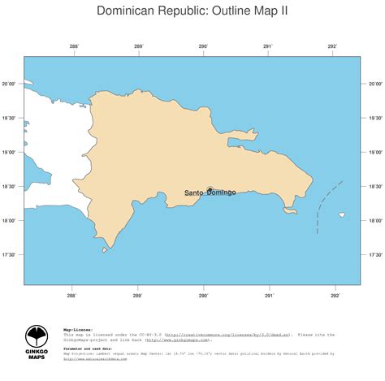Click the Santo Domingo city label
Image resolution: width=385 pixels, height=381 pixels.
(x=210, y=193)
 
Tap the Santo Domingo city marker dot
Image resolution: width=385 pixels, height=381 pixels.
(x=210, y=188)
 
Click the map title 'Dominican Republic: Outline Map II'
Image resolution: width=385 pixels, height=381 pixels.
(x=192, y=11)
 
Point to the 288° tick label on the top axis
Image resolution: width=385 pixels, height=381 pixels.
(x=74, y=46)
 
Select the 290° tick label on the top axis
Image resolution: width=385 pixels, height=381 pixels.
(x=203, y=46)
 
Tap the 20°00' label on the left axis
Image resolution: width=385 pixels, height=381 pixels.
(x=11, y=84)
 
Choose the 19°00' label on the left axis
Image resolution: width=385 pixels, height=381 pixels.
(x=11, y=152)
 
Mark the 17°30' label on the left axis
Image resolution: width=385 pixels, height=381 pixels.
(x=11, y=254)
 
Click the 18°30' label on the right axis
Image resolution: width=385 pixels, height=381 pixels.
(x=375, y=186)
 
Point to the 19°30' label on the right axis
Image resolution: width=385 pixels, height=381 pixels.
(x=375, y=118)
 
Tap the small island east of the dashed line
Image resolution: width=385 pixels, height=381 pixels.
(x=342, y=215)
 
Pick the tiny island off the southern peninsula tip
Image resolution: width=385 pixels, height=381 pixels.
(x=104, y=250)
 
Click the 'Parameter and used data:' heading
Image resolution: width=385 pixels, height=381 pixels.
(x=89, y=348)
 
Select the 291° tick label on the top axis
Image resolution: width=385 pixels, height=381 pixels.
(x=268, y=46)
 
